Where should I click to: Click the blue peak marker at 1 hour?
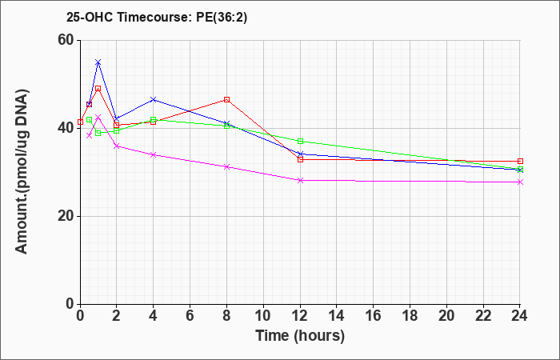(98, 62)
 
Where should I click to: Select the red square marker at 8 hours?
(226, 100)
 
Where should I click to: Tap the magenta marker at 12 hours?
(300, 180)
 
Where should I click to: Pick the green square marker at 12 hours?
(300, 142)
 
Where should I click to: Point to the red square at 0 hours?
(80, 122)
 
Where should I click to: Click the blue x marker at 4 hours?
(154, 99)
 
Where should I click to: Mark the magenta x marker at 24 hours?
(520, 182)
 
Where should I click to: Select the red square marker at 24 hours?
(520, 162)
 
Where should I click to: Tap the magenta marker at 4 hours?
(154, 154)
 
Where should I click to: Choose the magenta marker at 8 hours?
(226, 166)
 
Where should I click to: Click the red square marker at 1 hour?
(98, 89)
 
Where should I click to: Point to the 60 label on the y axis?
(66, 40)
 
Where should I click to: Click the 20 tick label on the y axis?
(66, 216)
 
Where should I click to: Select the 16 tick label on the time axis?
(373, 316)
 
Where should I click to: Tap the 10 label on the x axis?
(263, 316)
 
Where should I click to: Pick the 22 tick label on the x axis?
(483, 316)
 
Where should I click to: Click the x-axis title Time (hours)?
(300, 336)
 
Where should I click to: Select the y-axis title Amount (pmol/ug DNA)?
(22, 171)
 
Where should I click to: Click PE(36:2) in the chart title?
(222, 17)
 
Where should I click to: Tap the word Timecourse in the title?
(155, 17)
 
